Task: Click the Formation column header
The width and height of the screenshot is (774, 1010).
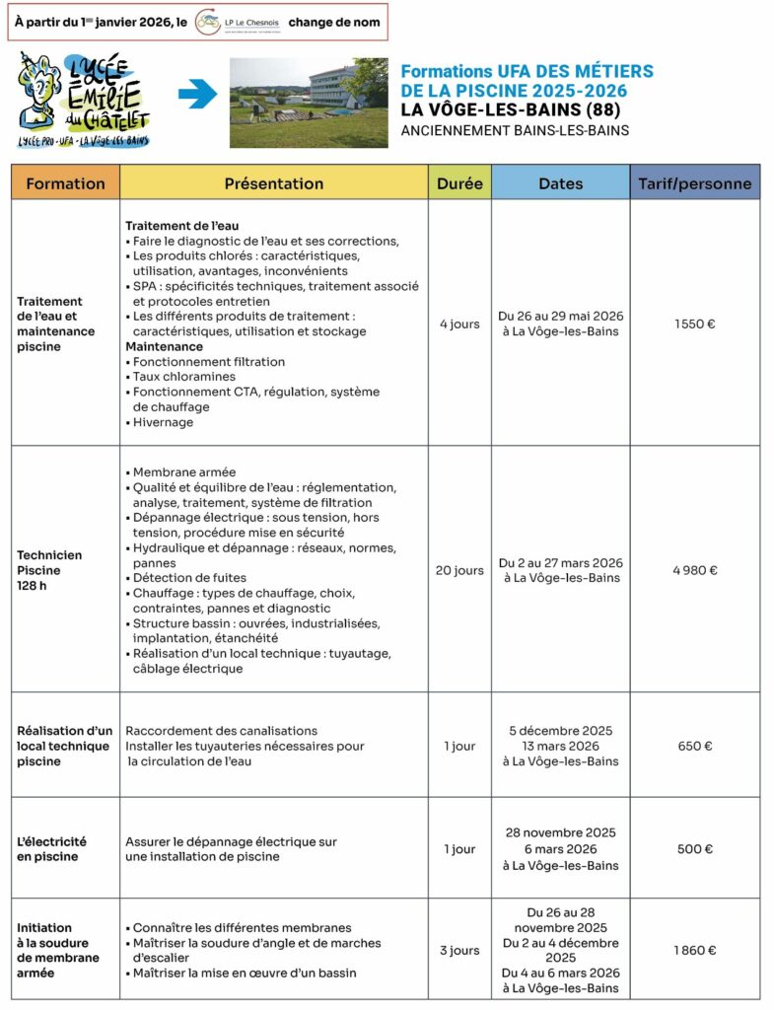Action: tap(65, 183)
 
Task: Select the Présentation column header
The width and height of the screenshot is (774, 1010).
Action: tap(274, 183)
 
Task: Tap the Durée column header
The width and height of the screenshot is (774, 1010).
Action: tap(459, 183)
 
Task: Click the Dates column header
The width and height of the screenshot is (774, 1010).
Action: tap(560, 183)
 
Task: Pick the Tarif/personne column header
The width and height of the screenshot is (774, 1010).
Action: tap(694, 183)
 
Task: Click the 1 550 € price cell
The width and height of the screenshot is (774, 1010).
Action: tap(694, 324)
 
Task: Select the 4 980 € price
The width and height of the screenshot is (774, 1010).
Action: tap(694, 570)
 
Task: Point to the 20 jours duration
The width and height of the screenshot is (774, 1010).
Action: tap(459, 570)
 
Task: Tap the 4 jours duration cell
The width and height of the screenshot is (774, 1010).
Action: tap(459, 324)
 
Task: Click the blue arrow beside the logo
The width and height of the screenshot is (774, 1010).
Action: tap(197, 96)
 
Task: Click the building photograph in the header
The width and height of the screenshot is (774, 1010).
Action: tap(309, 102)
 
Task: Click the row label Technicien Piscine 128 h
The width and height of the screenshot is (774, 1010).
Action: tap(49, 570)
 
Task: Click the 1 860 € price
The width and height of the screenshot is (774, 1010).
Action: tap(694, 951)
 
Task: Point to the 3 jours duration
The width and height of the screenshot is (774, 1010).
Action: tap(459, 951)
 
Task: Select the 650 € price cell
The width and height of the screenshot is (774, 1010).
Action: tap(694, 746)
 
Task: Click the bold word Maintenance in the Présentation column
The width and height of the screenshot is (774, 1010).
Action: tap(165, 347)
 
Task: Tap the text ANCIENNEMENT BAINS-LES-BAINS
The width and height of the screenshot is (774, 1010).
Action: tap(515, 130)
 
